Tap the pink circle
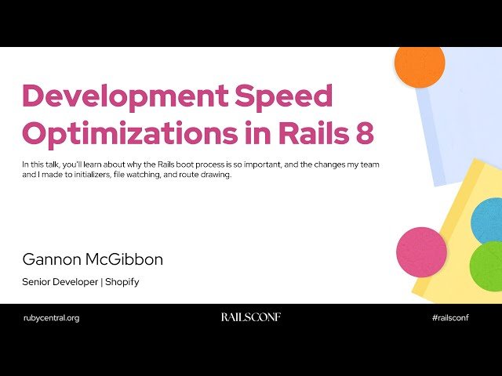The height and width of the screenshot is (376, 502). (421, 251)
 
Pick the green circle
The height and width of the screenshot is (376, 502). (487, 267)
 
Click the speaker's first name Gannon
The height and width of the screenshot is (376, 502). (53, 259)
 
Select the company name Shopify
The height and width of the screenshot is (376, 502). (122, 281)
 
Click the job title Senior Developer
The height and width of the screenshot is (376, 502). (60, 281)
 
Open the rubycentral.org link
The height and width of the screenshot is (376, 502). (52, 317)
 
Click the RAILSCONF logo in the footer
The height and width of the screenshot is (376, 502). (250, 317)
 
